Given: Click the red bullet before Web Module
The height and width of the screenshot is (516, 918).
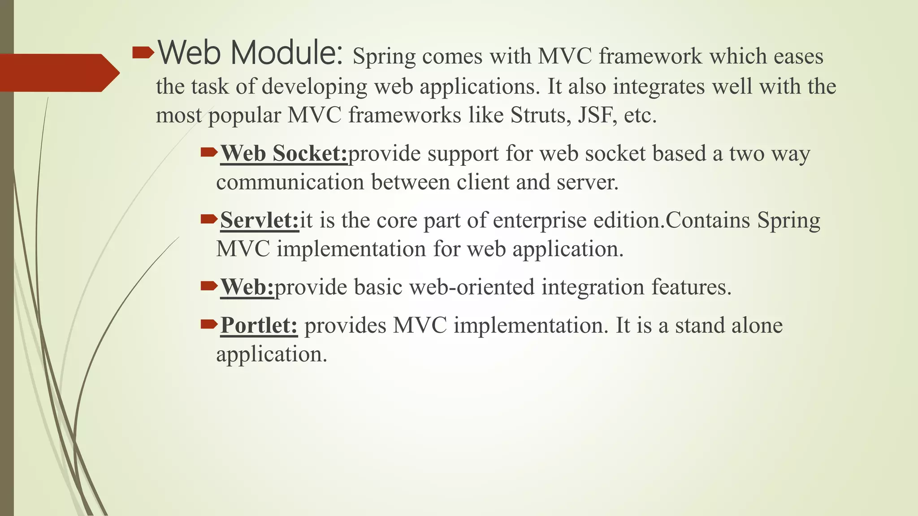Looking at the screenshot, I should click(x=143, y=54).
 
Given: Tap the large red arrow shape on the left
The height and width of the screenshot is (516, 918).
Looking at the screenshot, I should click(x=58, y=73).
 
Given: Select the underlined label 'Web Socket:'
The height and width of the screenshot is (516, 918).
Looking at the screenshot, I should click(x=284, y=154).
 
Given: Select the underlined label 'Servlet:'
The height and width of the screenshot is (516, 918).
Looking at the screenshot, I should click(x=259, y=220).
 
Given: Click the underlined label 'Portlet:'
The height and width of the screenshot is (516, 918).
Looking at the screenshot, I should click(x=259, y=326).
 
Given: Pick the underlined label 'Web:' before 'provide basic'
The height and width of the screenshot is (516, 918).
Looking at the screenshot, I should click(x=247, y=287).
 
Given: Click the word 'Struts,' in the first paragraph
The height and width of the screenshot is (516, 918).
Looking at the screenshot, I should click(x=541, y=116).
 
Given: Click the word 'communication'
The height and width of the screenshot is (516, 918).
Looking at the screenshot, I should click(x=290, y=183).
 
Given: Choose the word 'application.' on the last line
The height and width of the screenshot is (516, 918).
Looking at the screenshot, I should click(x=271, y=355).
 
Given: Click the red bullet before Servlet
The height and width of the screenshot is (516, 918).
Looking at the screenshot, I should click(x=209, y=219).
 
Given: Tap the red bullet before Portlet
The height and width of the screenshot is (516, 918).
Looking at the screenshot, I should click(x=209, y=324).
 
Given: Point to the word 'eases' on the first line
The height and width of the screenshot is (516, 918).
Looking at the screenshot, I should click(x=798, y=57).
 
